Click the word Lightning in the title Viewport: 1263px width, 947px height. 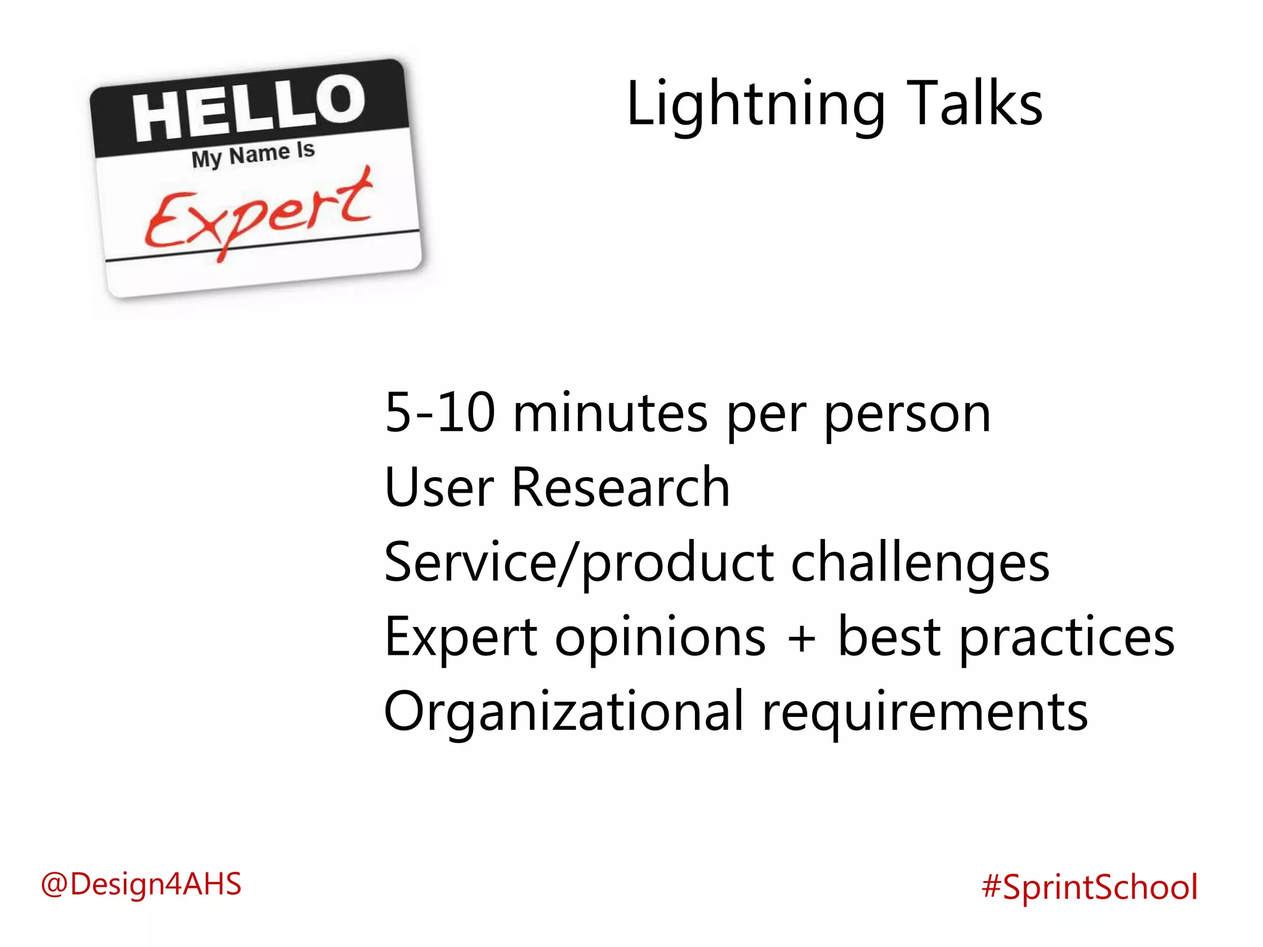(755, 105)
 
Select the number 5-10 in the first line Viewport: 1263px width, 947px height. (440, 413)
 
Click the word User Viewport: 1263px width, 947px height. (439, 488)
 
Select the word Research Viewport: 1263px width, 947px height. (620, 488)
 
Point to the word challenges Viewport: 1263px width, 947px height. (919, 564)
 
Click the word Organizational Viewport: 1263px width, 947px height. (564, 713)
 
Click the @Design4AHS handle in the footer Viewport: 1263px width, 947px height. (141, 884)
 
